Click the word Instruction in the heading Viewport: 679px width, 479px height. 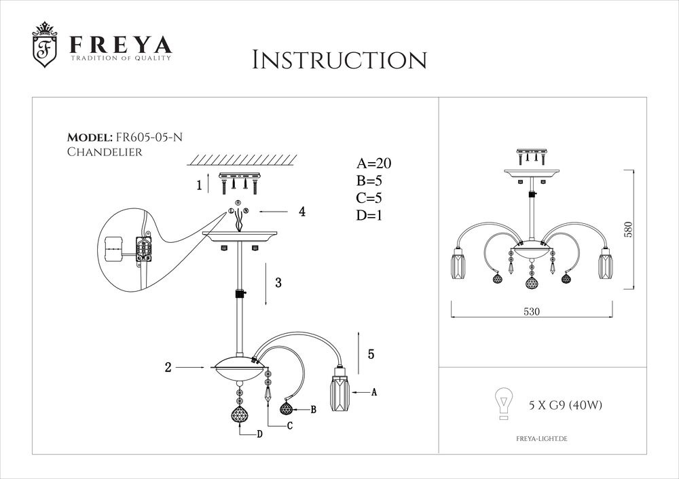tap(339, 59)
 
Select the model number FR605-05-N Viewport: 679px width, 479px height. tap(149, 136)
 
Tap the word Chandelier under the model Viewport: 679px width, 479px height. tap(105, 152)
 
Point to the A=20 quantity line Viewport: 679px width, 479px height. tap(374, 164)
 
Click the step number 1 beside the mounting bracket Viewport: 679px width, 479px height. tap(199, 185)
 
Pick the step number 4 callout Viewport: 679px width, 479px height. tap(301, 212)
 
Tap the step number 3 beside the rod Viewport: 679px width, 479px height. tap(278, 284)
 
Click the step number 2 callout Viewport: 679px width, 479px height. tap(167, 368)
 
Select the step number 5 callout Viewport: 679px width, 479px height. tap(370, 353)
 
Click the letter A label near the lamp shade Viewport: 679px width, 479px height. tap(374, 392)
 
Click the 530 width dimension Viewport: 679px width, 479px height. tap(531, 312)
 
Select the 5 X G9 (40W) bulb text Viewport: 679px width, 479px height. tap(565, 405)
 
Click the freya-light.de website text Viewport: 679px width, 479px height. tap(537, 439)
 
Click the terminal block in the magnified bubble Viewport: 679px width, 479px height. tap(144, 249)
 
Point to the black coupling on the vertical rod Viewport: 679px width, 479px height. tap(239, 294)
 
